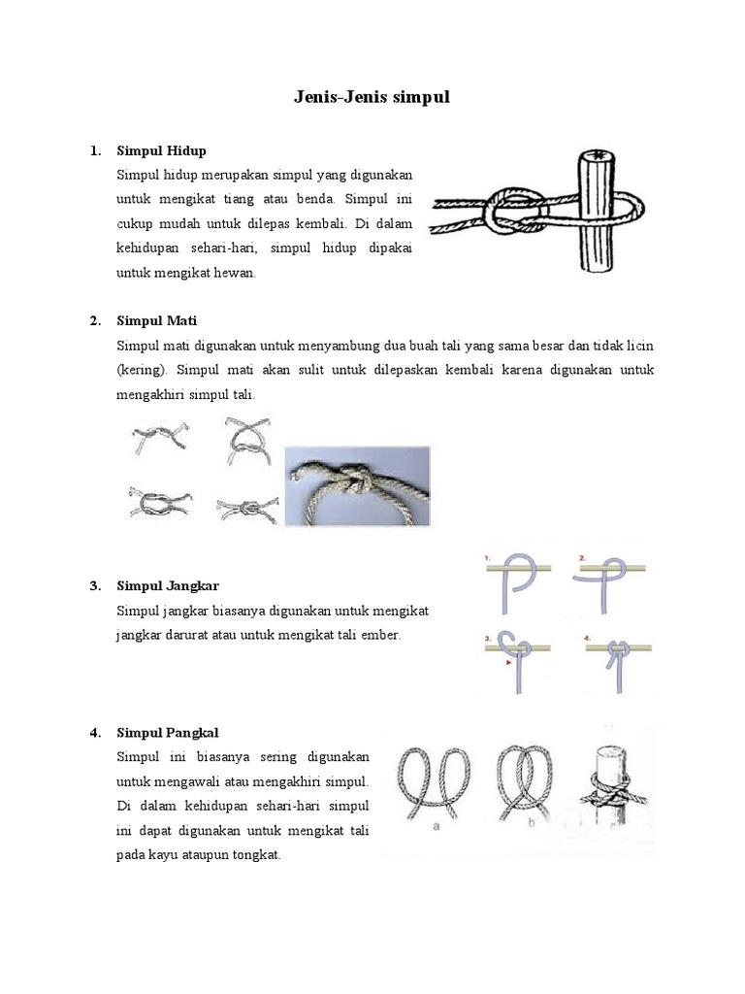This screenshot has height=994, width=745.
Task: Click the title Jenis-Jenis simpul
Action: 372,97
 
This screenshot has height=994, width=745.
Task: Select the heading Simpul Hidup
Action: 161,150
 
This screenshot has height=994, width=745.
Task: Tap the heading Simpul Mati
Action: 156,320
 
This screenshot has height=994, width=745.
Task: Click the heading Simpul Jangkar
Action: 168,585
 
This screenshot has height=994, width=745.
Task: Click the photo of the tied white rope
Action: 356,485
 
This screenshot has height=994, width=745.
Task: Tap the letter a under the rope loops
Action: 437,827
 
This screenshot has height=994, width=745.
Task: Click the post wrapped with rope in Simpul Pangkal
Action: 610,786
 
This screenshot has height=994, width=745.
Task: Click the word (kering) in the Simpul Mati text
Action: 143,371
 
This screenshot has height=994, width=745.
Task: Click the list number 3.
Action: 94,585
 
